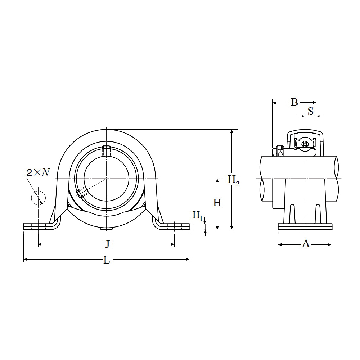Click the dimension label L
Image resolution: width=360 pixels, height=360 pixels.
(107, 260)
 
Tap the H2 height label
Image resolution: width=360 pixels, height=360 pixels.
(233, 180)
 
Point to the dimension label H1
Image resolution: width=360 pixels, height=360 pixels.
(198, 216)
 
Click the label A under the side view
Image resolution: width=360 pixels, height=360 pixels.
(306, 244)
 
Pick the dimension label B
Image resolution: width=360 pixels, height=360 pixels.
(294, 103)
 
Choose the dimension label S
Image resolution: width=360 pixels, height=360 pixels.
(310, 111)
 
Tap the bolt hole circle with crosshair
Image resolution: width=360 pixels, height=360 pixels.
(38, 197)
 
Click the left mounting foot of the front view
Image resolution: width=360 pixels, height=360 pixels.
(38, 226)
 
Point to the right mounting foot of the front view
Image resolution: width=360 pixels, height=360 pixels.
(175, 226)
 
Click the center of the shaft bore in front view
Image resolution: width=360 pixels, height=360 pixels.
(107, 178)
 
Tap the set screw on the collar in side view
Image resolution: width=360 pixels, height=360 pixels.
(280, 150)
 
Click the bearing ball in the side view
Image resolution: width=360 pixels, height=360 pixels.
(305, 144)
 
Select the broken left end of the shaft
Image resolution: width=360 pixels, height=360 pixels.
(262, 178)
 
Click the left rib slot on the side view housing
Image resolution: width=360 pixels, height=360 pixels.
(292, 214)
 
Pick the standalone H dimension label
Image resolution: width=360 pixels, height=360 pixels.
(217, 203)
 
